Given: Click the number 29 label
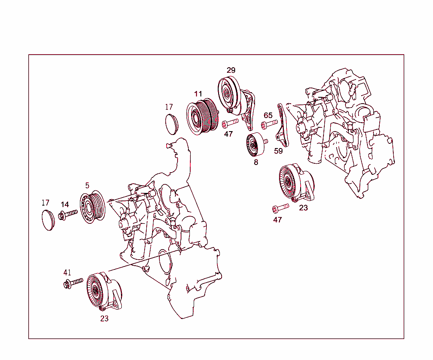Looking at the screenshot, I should point(231,70).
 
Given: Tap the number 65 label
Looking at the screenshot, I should point(268,115).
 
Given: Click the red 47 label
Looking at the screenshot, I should point(277,220).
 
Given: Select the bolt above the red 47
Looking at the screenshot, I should point(280,207).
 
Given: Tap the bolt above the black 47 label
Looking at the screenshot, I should point(230,124).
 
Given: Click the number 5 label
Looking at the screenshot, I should point(87,185).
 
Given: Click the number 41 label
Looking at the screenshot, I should point(68,272).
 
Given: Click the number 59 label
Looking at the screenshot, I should point(278,151).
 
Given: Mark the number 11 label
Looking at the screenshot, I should point(198,94).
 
